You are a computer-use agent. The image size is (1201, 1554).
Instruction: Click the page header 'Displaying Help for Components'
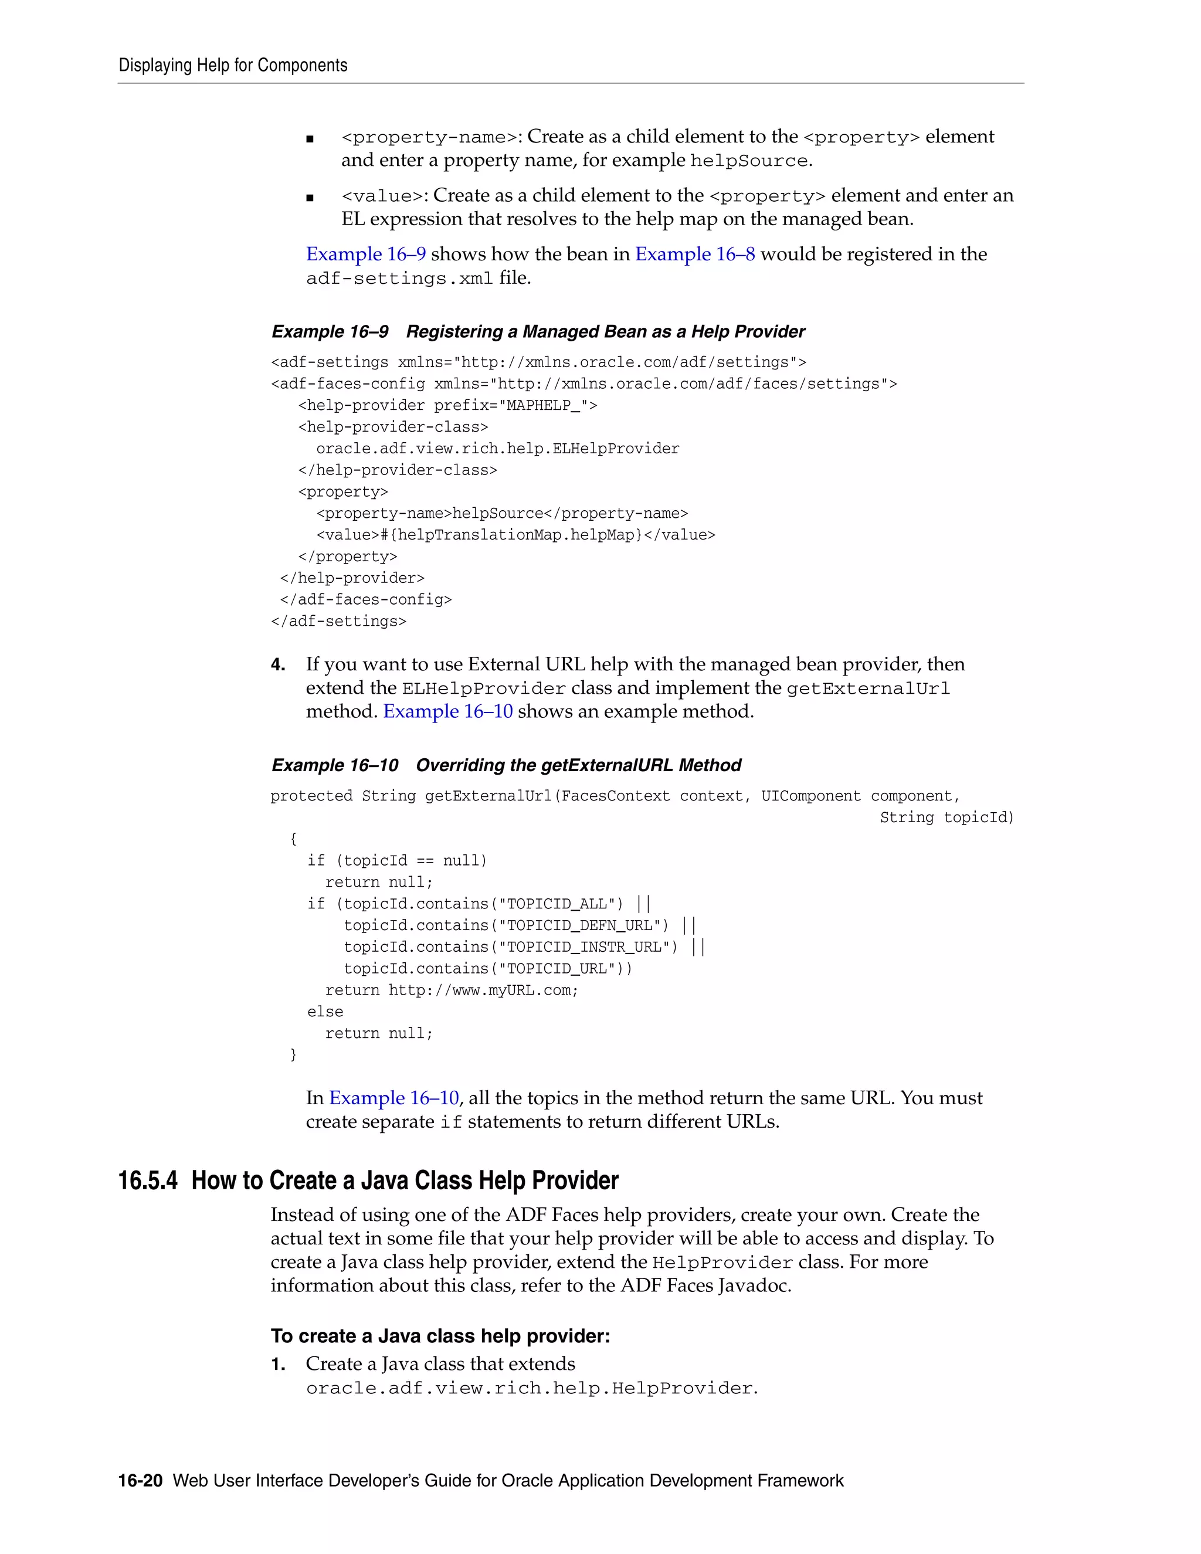233,66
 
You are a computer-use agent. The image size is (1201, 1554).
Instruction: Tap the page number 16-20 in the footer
140,1481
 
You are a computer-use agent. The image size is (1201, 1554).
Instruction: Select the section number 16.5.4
147,1180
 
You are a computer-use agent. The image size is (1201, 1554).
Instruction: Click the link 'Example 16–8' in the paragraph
694,254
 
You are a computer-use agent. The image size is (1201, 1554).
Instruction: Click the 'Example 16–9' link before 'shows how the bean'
366,254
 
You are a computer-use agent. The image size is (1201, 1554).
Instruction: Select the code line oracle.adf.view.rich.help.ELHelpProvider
497,448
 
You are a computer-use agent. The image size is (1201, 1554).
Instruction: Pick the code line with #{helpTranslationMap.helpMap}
516,535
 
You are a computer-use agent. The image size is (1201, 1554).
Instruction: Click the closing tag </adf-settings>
339,621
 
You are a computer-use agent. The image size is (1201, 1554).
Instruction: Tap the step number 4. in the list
278,664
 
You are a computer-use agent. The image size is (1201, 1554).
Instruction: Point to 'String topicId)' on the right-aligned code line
946,817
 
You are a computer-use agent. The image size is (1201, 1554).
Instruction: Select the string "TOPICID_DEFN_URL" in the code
583,926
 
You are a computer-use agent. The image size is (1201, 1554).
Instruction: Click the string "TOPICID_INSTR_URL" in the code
588,947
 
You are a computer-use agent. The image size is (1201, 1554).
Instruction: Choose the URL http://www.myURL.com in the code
483,990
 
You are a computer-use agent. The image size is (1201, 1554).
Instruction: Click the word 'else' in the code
325,1012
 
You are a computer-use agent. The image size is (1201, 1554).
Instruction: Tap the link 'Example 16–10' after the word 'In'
393,1098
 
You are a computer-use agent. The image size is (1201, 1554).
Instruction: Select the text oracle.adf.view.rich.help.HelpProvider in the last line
530,1388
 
